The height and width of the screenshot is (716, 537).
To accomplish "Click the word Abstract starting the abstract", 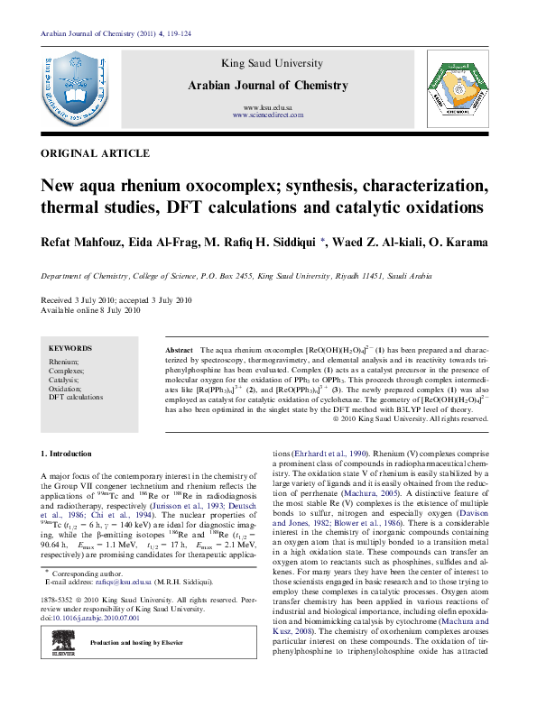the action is (x=179, y=348).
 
